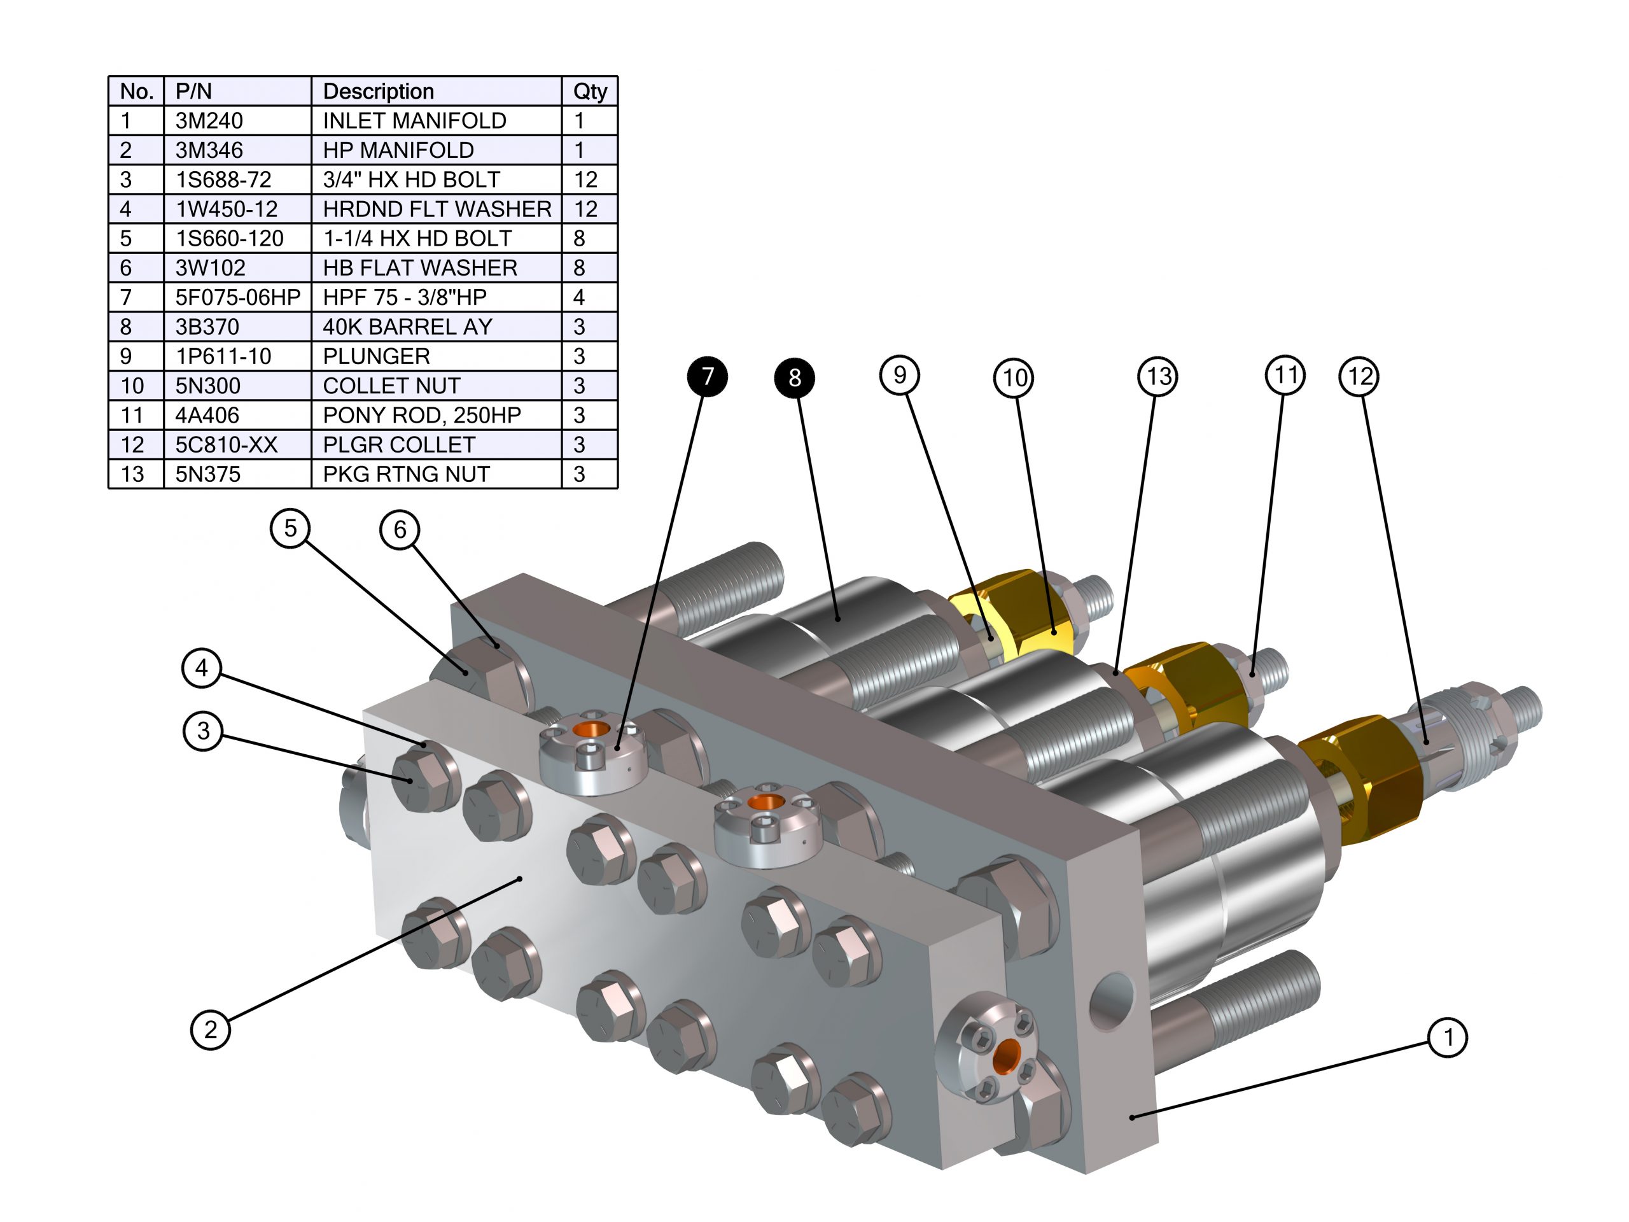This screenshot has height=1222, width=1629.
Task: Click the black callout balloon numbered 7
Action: (x=707, y=376)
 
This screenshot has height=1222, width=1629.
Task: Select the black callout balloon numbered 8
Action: (x=794, y=377)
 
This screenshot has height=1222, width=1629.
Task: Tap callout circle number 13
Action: (x=1157, y=376)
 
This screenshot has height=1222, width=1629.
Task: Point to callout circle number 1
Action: (x=1447, y=1037)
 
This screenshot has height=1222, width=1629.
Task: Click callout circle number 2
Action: (x=211, y=1029)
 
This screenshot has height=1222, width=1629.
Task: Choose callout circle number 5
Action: (x=290, y=528)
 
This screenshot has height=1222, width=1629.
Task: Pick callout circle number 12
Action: (x=1359, y=376)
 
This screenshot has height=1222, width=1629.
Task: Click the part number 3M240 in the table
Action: (x=209, y=120)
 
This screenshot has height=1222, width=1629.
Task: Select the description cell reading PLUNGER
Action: (x=376, y=356)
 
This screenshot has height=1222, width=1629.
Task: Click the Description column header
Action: (x=379, y=92)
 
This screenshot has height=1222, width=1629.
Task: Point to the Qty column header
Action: (x=590, y=92)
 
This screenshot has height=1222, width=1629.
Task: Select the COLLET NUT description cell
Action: (x=391, y=385)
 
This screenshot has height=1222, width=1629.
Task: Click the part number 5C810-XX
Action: (x=226, y=444)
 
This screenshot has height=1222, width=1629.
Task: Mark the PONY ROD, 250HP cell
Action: (x=421, y=415)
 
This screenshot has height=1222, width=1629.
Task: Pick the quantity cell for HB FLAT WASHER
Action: (x=580, y=267)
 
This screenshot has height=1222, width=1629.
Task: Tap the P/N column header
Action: (x=193, y=92)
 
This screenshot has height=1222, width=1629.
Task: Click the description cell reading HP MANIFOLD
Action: (x=398, y=150)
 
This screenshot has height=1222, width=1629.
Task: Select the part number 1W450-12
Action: (x=226, y=209)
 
